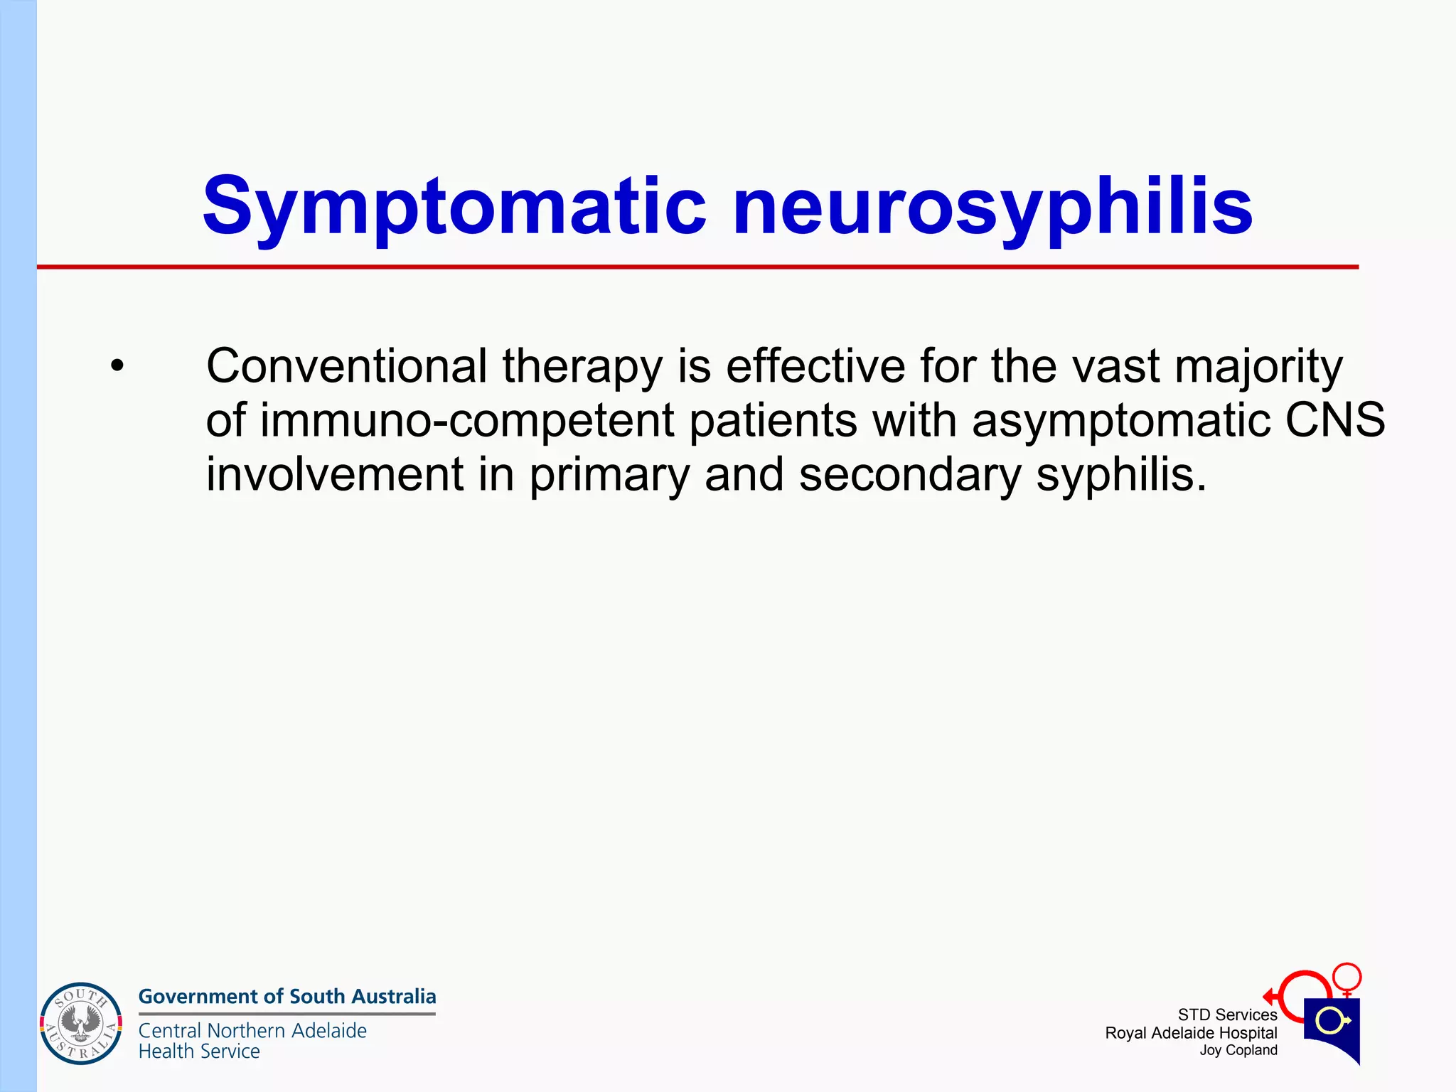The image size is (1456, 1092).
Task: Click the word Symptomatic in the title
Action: coord(455,208)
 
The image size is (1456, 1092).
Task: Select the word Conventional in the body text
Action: coord(346,367)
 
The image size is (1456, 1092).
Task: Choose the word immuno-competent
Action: coord(466,421)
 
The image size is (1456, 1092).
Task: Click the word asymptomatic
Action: coord(1120,421)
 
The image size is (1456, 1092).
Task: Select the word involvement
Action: coord(334,474)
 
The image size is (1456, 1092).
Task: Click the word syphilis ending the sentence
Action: coord(1120,475)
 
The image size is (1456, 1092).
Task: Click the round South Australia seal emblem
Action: coord(81,1024)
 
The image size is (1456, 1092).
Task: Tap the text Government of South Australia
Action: coord(287,996)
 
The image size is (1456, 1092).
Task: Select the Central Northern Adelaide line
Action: coord(252,1030)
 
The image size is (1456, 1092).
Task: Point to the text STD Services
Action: coord(1227,1015)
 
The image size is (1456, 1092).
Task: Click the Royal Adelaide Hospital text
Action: coord(1191,1033)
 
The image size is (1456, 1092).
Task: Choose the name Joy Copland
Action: coord(1238,1050)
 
